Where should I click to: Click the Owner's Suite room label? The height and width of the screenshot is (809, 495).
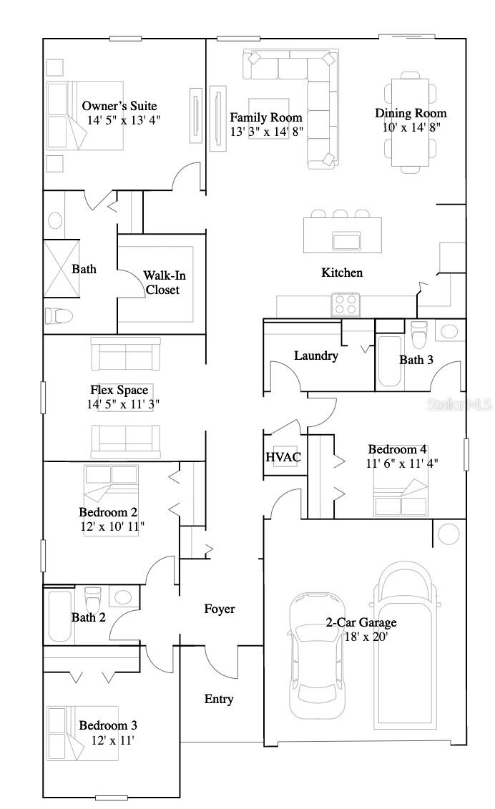[x=119, y=106]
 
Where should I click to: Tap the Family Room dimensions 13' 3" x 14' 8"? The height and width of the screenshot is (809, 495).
[x=265, y=132]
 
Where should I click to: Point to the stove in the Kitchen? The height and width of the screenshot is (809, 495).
[x=345, y=305]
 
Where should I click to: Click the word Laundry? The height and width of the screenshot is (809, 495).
[x=315, y=356]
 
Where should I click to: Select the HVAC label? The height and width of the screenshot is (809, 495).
[x=283, y=457]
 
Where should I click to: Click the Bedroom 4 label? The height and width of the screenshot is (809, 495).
[x=398, y=449]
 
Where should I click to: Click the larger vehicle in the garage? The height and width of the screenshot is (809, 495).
[x=406, y=644]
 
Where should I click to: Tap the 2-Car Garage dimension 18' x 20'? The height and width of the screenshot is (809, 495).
[x=367, y=636]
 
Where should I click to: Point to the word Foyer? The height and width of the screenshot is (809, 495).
[x=219, y=609]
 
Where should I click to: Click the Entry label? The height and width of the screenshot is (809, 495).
[x=219, y=699]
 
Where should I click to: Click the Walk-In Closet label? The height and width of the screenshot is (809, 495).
[x=162, y=283]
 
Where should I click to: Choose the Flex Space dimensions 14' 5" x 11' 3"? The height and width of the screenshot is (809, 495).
[x=123, y=403]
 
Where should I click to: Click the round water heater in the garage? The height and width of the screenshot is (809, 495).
[x=449, y=534]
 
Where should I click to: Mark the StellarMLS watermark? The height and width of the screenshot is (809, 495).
[x=459, y=405]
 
